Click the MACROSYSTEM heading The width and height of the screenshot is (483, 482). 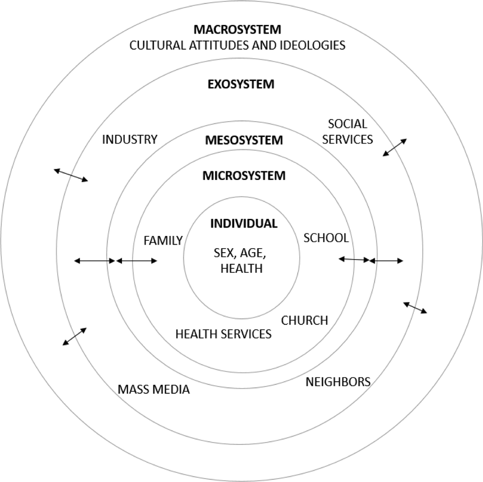[237, 29]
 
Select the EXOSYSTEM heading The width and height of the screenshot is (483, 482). [241, 84]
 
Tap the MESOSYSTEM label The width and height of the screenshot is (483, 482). [244, 140]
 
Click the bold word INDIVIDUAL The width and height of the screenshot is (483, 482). [244, 224]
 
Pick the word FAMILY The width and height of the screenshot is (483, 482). [163, 241]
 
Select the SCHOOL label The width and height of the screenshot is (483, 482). [326, 238]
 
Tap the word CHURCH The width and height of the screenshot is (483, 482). [304, 321]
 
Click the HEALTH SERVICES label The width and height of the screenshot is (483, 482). [223, 334]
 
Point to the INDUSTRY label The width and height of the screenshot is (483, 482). [130, 140]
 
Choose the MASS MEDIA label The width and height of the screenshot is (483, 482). [153, 390]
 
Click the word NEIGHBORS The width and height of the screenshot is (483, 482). [338, 382]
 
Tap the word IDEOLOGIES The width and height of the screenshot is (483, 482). [312, 45]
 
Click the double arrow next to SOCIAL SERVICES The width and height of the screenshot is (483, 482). [395, 147]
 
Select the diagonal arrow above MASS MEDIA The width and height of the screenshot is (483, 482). [74, 336]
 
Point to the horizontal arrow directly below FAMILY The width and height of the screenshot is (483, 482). [137, 261]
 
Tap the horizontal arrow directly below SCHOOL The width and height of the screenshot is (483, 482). [354, 260]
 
